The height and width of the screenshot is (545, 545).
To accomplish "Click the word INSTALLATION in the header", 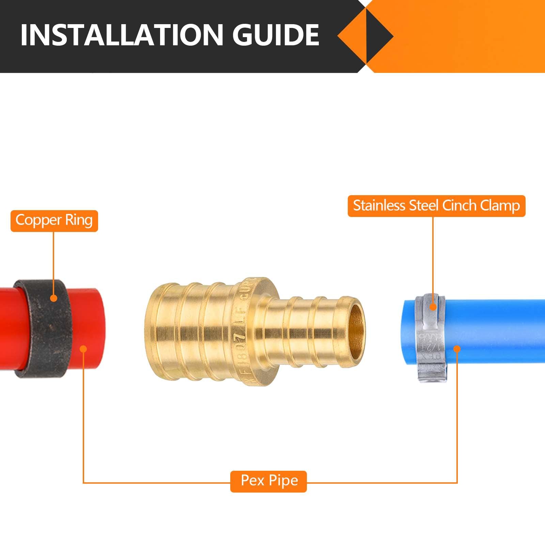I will tap(121, 35).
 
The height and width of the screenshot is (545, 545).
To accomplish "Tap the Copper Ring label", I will tap(54, 221).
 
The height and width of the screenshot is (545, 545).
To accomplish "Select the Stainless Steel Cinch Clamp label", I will tap(436, 206).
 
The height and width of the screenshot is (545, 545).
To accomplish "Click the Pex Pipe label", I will tap(269, 481).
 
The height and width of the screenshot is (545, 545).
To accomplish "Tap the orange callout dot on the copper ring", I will tap(53, 298).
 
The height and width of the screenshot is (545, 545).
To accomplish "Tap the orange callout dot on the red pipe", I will tap(83, 349).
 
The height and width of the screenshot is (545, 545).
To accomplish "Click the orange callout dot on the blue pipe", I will tap(457, 349).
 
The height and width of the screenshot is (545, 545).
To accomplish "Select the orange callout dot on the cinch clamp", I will tap(433, 307).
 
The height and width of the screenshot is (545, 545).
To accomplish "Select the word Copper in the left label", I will tap(38, 220).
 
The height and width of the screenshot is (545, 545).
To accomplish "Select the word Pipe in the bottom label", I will tap(283, 481).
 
